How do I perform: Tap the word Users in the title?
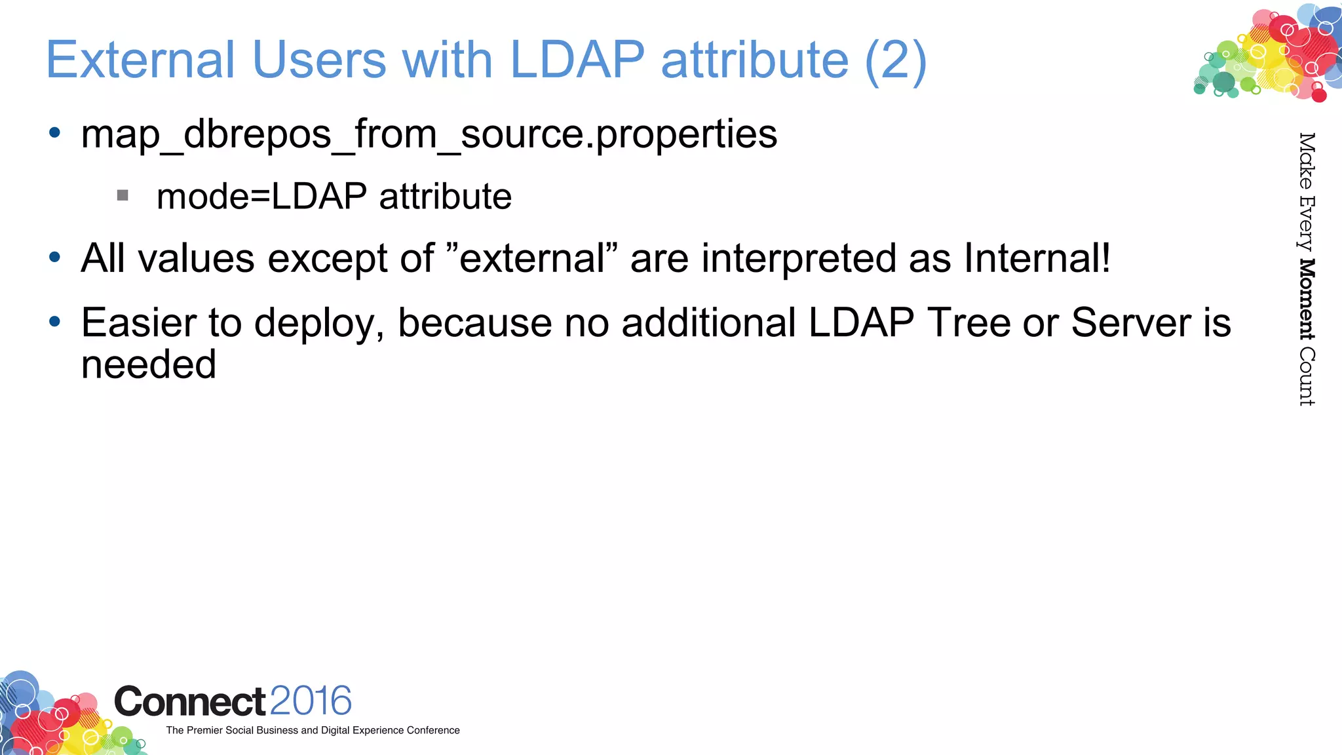coord(319,60)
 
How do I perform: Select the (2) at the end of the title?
coord(896,61)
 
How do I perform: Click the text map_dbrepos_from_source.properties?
coord(429,134)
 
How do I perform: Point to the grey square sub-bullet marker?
coord(123,195)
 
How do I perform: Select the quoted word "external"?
coord(531,258)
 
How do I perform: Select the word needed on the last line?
coord(149,364)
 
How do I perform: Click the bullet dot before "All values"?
coord(55,257)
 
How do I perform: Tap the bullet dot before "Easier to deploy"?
coord(55,321)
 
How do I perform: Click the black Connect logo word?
coord(190,702)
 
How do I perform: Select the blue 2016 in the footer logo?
coord(311,701)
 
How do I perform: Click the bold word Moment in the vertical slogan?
coord(1307,300)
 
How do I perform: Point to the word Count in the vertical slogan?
coord(1307,376)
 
